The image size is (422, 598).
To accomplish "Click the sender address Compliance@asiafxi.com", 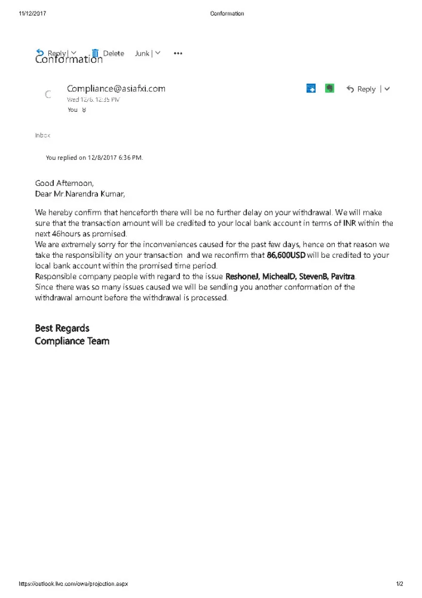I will coord(116,89).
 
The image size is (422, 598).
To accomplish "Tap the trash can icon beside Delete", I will coord(95,53).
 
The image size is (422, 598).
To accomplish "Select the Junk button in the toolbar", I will coord(142,53).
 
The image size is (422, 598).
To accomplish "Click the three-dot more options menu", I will coord(178,53).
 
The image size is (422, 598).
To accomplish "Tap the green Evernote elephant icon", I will coord(329,89).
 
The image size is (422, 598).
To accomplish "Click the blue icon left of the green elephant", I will coord(311,89).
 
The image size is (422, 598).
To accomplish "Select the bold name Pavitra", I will coord(343,276).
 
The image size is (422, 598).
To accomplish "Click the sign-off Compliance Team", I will coord(72,341).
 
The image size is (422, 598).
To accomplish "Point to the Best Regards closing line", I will coord(62,328).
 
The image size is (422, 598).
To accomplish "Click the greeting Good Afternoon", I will coord(64,183).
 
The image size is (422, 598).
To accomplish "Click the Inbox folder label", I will coord(42,136).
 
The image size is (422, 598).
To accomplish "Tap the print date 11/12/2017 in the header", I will coord(33,13).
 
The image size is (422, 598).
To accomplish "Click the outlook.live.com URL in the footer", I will coord(73,584).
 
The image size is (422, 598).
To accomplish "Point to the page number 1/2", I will coord(400,584).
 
